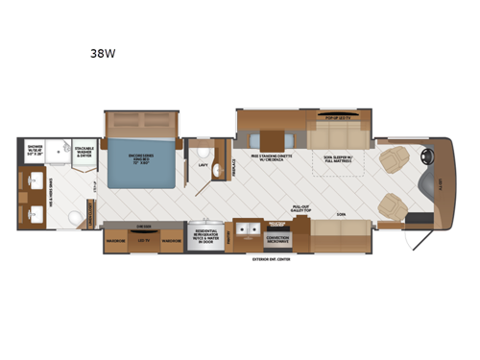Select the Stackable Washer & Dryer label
[x=86, y=152]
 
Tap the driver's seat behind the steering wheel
[x=394, y=157]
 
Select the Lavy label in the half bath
[x=204, y=166]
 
